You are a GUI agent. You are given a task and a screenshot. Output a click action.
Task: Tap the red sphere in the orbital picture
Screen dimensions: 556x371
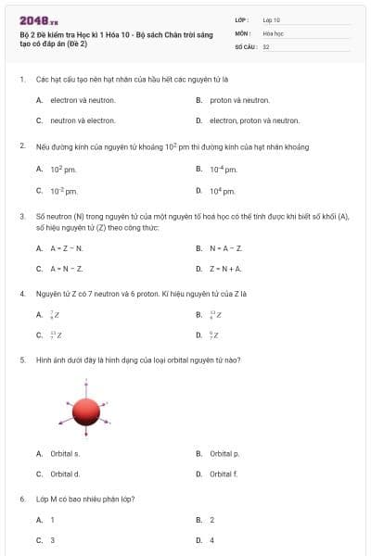pos(86,410)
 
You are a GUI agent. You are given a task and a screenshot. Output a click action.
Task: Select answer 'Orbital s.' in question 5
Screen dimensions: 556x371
pos(64,453)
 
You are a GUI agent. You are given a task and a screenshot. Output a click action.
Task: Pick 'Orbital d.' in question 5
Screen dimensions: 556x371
pos(64,474)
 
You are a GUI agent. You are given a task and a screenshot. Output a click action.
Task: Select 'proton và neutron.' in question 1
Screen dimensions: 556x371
pos(239,100)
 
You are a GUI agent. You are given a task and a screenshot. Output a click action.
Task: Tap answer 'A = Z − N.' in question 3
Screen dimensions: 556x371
pos(67,248)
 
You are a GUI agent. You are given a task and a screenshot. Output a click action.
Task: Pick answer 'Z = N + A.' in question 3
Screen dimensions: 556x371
pos(225,269)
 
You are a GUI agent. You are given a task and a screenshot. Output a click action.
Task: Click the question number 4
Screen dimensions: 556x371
pos(22,294)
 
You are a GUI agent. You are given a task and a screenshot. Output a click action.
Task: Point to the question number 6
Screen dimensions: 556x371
pos(22,499)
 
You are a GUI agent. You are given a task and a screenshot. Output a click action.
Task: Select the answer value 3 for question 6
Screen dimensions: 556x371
pos(52,539)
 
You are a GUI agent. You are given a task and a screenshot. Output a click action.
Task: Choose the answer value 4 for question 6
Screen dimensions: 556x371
pos(212,539)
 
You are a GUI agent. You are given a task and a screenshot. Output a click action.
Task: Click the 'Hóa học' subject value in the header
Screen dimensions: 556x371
pos(273,32)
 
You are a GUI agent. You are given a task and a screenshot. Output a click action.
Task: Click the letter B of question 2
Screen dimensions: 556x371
pos(199,169)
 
